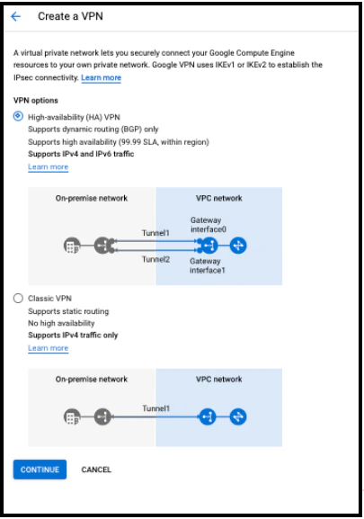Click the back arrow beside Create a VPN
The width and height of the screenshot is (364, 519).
(15, 16)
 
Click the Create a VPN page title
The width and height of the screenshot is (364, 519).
(70, 16)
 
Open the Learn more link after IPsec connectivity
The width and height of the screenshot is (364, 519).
(102, 77)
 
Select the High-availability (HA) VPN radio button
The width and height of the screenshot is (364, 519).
(18, 116)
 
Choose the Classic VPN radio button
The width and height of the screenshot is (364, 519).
(18, 299)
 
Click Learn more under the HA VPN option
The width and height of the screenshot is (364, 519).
(49, 166)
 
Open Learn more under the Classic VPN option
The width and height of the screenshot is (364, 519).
(49, 348)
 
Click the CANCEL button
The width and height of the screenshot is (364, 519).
(96, 470)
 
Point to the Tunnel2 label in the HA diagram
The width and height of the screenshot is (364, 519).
(155, 259)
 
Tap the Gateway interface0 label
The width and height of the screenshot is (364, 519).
(209, 225)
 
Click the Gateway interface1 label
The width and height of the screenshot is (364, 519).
(208, 265)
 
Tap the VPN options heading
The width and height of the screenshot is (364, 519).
(36, 100)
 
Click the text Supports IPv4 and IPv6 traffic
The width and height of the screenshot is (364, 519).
(81, 154)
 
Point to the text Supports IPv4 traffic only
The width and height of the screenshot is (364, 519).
(73, 335)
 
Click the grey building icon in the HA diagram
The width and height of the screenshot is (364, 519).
(72, 246)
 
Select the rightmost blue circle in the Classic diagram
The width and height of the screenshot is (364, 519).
(238, 416)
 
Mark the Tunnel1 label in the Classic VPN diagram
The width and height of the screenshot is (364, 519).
(155, 408)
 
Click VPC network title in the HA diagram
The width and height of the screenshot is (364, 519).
(219, 198)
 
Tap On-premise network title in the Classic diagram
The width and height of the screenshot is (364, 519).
(92, 380)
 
